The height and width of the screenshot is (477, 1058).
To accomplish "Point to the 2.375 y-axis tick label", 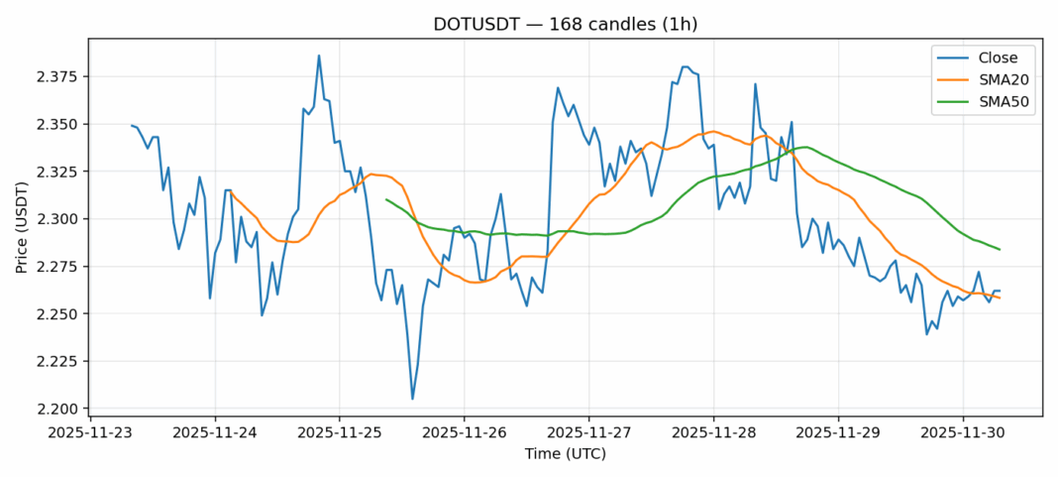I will (x=58, y=77).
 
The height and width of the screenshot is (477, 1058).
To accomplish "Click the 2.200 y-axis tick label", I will (x=58, y=410).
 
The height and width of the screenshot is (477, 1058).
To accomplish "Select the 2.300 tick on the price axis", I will (x=58, y=219).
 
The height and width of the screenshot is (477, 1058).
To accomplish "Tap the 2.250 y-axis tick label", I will (x=58, y=314).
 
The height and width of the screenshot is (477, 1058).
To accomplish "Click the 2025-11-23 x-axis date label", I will (x=90, y=433).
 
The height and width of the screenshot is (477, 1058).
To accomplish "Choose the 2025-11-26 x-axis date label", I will (x=464, y=433).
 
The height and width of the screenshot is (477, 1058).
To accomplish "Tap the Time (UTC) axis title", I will (x=565, y=454).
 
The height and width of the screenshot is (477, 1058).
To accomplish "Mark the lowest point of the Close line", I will (x=412, y=399).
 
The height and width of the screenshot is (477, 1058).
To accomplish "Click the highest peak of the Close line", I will (x=319, y=56).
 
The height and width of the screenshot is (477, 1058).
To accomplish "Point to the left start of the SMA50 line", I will (x=386, y=199).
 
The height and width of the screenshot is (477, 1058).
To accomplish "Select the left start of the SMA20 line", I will (x=230, y=191).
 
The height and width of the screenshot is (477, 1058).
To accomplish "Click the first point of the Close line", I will (x=132, y=125).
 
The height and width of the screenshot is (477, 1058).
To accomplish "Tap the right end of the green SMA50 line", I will (x=1000, y=249).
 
